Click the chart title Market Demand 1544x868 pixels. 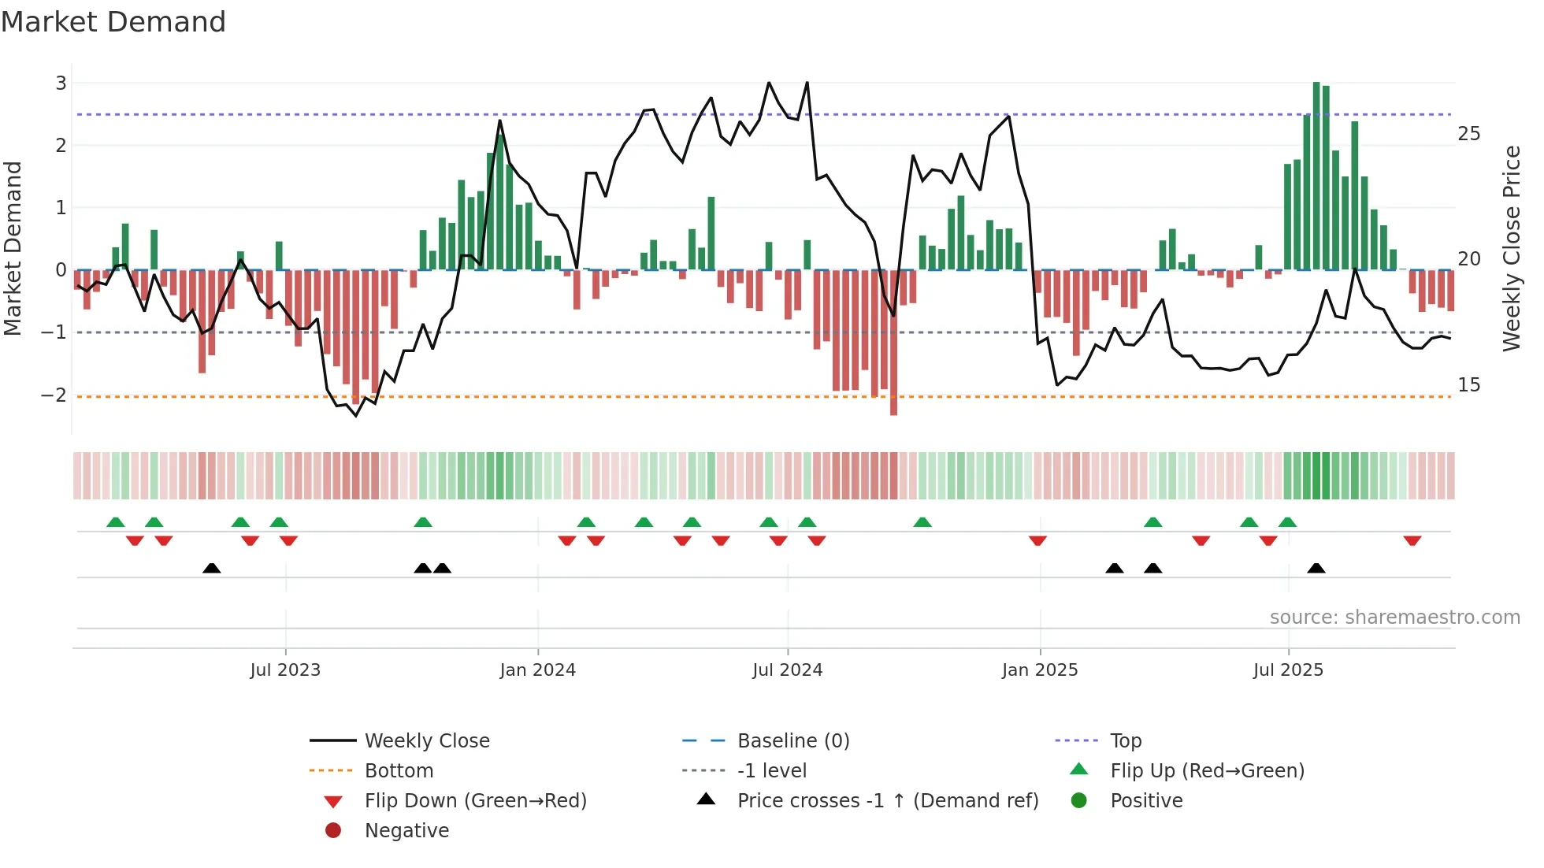pyautogui.click(x=113, y=22)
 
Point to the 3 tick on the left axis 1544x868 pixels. pyautogui.click(x=61, y=83)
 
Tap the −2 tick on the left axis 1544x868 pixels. pyautogui.click(x=54, y=395)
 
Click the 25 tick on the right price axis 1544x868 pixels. pyautogui.click(x=1468, y=133)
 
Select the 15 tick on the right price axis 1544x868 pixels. pyautogui.click(x=1468, y=384)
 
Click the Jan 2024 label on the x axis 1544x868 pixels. pyautogui.click(x=537, y=670)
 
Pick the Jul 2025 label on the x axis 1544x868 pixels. pyautogui.click(x=1288, y=670)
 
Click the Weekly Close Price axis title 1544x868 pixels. pyautogui.click(x=1511, y=248)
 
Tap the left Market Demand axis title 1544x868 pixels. pyautogui.click(x=13, y=248)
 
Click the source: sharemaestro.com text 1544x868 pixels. pyautogui.click(x=1394, y=618)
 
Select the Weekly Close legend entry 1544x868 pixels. pyautogui.click(x=426, y=740)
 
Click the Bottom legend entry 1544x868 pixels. pyautogui.click(x=399, y=770)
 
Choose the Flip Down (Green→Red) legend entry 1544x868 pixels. pyautogui.click(x=475, y=800)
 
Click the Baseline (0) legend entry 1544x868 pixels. pyautogui.click(x=792, y=740)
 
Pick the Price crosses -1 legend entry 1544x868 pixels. pyautogui.click(x=887, y=800)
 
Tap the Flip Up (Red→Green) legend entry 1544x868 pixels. pyautogui.click(x=1207, y=770)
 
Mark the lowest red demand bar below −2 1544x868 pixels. pyautogui.click(x=893, y=343)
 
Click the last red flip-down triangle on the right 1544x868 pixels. pyautogui.click(x=1412, y=540)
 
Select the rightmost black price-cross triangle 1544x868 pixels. pyautogui.click(x=1316, y=568)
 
